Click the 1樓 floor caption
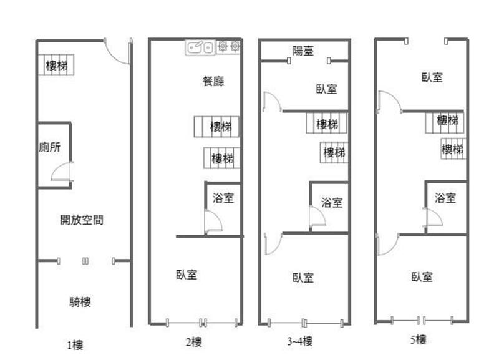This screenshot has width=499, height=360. tap(75, 345)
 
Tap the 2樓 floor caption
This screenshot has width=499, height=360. tap(194, 342)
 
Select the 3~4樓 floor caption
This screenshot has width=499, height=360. tap(300, 341)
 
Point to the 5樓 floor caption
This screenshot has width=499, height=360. tap(418, 339)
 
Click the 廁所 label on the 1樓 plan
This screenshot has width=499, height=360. tap(50, 147)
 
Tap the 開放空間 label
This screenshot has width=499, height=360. tap(82, 220)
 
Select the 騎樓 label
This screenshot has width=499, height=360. tap(80, 302)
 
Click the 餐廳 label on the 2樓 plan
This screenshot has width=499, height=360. tap(213, 81)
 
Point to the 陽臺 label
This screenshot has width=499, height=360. tap(303, 51)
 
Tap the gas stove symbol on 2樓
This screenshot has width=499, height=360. tap(228, 46)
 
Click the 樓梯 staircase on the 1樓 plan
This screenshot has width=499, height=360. tap(56, 65)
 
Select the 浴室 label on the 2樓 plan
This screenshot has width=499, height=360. tap(223, 198)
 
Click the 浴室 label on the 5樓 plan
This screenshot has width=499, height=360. tap(445, 198)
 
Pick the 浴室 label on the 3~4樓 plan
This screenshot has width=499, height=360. tap(332, 202)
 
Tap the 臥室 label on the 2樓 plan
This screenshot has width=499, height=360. tap(187, 275)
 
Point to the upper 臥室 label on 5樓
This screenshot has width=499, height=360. tap(432, 77)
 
